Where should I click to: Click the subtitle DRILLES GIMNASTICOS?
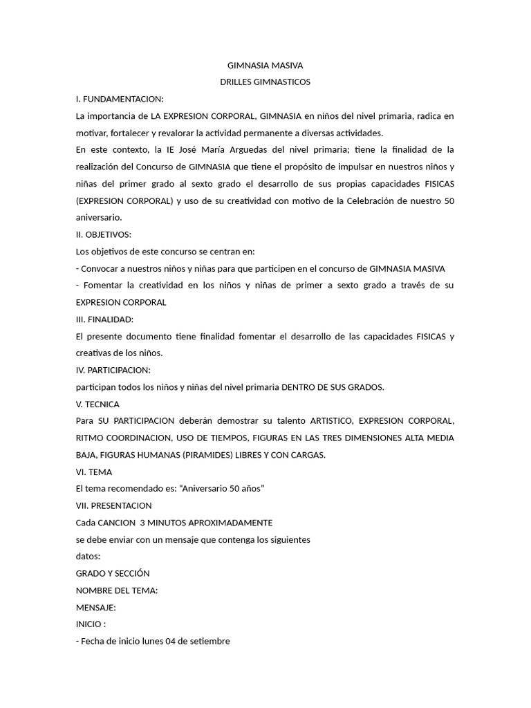point(265,82)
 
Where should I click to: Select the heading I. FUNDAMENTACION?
point(120,99)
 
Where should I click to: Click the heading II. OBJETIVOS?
point(103,234)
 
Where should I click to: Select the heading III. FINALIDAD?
point(104,319)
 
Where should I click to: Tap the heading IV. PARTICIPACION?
point(113,370)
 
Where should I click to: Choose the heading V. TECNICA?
point(97,404)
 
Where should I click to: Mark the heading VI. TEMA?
point(95,472)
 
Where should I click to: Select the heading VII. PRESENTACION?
point(113,505)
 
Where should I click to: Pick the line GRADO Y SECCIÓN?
point(113,573)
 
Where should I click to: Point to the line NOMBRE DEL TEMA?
point(117,590)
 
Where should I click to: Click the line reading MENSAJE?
point(96,607)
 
